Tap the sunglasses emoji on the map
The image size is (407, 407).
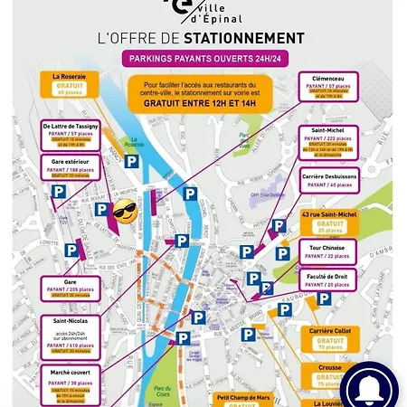point(124,214)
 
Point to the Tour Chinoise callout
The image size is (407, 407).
point(330,253)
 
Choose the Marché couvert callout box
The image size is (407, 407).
point(70,383)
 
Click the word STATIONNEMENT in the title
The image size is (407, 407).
point(243,38)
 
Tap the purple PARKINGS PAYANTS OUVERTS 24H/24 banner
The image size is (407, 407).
point(200,61)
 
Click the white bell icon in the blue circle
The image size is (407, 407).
point(371,385)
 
